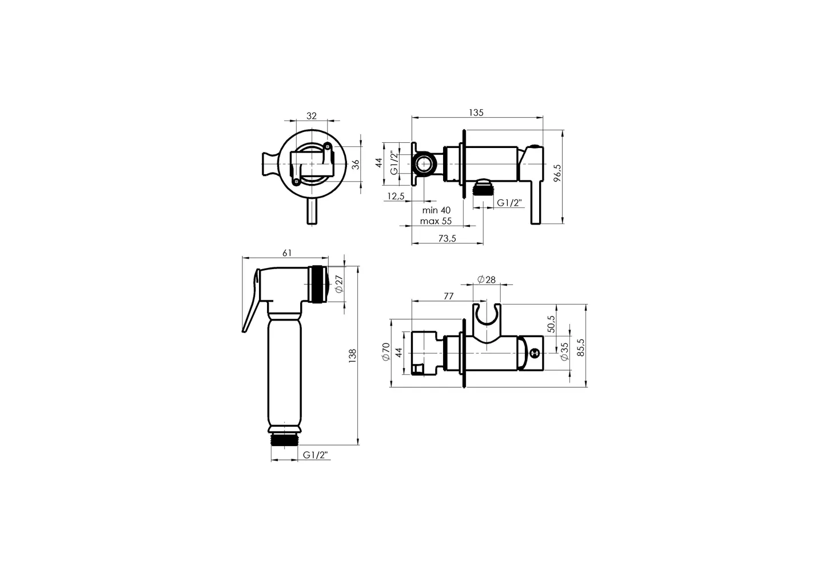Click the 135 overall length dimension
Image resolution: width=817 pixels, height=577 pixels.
(x=476, y=113)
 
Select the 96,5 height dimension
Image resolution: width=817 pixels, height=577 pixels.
(x=557, y=173)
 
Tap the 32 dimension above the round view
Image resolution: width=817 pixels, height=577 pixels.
(x=311, y=116)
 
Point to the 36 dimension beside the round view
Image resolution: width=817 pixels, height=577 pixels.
(x=356, y=165)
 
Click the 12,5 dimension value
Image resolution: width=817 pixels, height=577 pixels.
(x=396, y=196)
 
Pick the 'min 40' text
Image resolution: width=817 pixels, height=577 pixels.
(x=436, y=210)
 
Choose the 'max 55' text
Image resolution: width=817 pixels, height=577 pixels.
(x=436, y=221)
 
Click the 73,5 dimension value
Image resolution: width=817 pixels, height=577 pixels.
(x=447, y=238)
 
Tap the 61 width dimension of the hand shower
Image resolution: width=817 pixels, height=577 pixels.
(x=287, y=253)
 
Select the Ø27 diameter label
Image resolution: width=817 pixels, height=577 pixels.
(x=339, y=284)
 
